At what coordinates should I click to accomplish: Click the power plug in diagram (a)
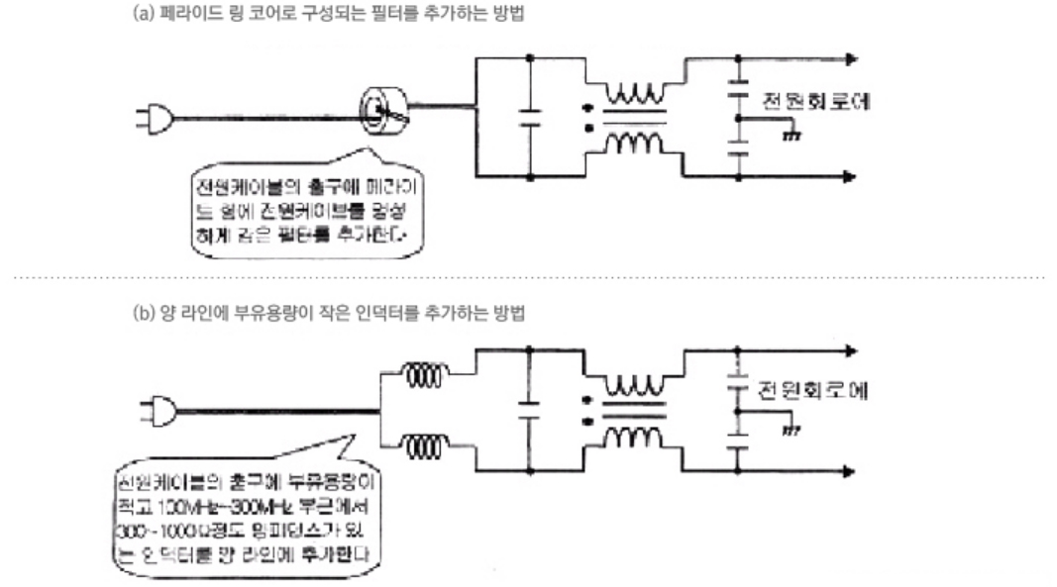pyautogui.click(x=156, y=120)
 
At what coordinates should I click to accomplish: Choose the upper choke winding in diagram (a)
pyautogui.click(x=635, y=95)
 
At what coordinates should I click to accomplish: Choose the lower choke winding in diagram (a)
pyautogui.click(x=635, y=143)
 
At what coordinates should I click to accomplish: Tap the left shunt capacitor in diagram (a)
pyautogui.click(x=531, y=118)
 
